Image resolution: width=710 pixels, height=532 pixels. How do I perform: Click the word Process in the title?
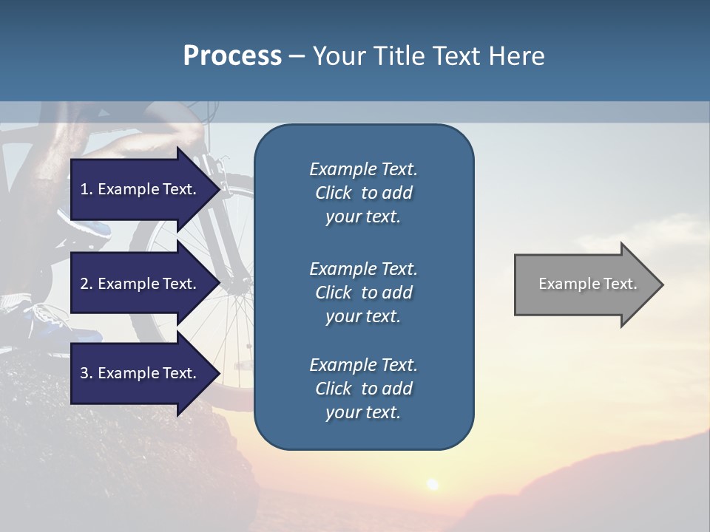232,56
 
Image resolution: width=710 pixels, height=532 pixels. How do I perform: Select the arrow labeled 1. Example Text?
141,189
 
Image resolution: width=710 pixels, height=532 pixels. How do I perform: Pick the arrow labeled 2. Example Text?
141,284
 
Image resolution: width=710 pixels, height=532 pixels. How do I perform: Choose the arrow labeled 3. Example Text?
141,373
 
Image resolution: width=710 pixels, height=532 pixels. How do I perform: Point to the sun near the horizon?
431,484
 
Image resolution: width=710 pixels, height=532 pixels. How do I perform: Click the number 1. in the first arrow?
87,189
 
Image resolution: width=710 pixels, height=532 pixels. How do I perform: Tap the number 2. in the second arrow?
87,284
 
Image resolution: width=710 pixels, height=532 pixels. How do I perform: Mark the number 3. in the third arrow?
87,373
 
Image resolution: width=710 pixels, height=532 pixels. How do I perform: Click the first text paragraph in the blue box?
363,193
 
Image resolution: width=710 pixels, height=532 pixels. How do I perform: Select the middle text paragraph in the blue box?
363,293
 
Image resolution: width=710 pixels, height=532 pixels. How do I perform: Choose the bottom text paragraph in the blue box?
363,389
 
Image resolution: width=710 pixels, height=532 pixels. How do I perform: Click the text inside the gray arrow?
588,284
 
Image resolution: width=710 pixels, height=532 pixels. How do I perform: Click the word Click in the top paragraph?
334,193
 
